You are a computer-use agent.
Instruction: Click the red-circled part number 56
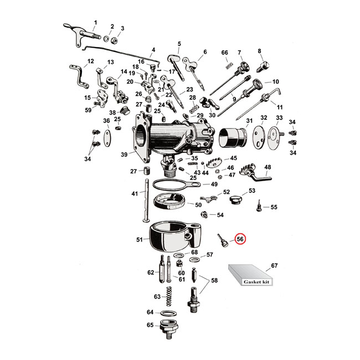[x=241, y=239]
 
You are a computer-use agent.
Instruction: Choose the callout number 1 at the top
[x=95, y=22]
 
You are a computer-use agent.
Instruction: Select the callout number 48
[x=268, y=167]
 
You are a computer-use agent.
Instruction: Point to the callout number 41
[x=135, y=194]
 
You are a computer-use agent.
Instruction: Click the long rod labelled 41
[x=147, y=200]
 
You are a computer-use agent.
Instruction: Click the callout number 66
[x=225, y=53]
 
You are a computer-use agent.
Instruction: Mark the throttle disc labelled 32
[x=257, y=138]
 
